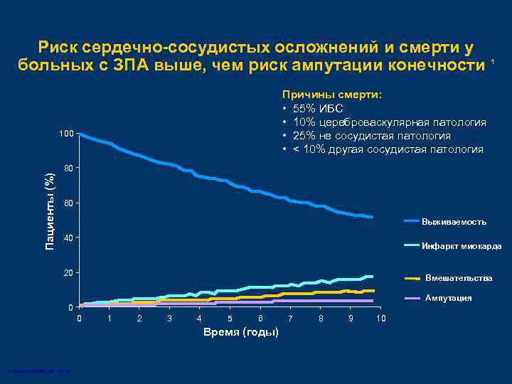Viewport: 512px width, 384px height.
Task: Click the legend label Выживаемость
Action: pyautogui.click(x=454, y=222)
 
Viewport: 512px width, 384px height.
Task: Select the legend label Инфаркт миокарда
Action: pyautogui.click(x=462, y=246)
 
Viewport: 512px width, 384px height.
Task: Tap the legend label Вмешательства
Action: pyautogui.click(x=458, y=278)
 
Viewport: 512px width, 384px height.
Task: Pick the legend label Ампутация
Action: pyautogui.click(x=448, y=298)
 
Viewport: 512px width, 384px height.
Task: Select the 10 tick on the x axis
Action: pyautogui.click(x=380, y=318)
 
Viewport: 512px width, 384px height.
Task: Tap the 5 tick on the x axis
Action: pyautogui.click(x=230, y=318)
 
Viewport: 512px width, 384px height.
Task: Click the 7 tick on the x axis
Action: pyautogui.click(x=290, y=318)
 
